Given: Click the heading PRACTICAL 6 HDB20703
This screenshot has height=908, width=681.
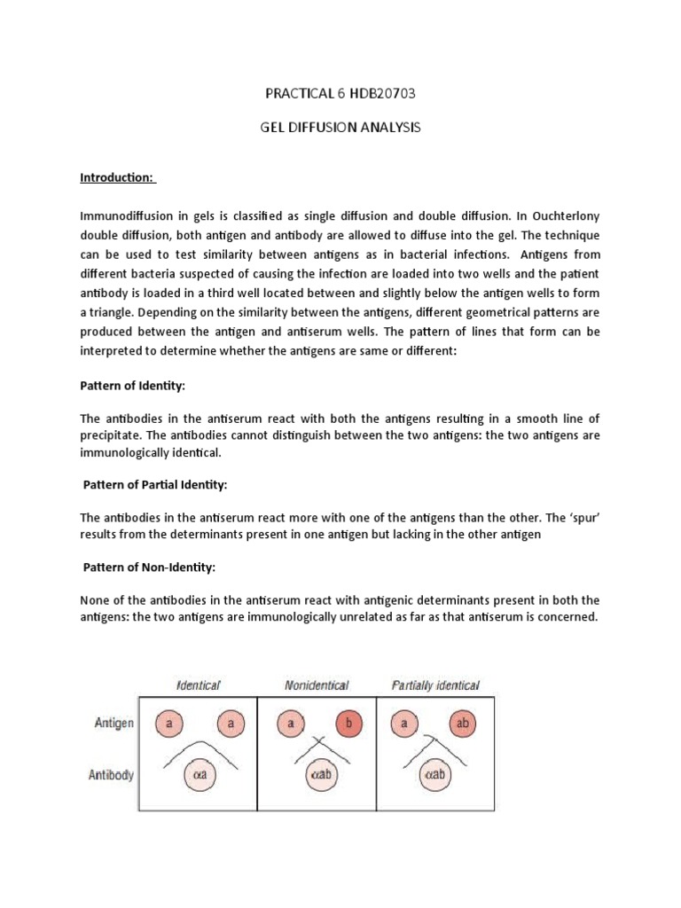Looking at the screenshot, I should [x=340, y=93].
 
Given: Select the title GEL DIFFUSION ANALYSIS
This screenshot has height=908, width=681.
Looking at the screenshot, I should [x=340, y=128].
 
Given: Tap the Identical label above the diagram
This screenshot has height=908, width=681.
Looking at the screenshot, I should [x=198, y=685].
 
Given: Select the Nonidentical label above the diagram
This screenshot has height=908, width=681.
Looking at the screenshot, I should [x=317, y=685].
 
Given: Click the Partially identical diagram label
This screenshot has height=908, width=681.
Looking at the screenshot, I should [x=435, y=685].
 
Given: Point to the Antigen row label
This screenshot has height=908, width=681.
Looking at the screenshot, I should [x=114, y=723].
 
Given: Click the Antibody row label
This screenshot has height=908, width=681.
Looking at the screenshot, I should [x=112, y=775].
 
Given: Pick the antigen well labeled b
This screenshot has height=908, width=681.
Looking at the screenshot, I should [x=348, y=724].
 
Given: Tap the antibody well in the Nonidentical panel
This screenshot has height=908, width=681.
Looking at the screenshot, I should [x=317, y=775].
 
